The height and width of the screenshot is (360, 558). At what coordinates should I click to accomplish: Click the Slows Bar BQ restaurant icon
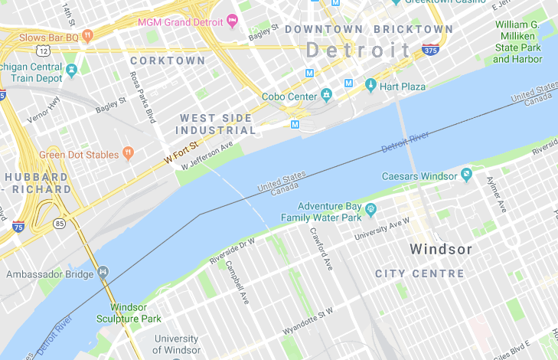[x=88, y=35]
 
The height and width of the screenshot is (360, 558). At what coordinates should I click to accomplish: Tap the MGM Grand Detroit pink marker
[x=233, y=21]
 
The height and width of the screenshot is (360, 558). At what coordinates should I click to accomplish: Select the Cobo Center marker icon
[x=327, y=96]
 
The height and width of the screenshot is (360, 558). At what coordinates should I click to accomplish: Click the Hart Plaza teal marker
[x=370, y=86]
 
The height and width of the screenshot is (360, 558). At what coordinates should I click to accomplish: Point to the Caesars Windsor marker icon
[x=465, y=175]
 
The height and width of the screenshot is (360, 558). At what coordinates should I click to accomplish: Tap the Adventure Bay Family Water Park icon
[x=371, y=208]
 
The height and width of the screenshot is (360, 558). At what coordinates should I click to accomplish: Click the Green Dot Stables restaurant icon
[x=128, y=154]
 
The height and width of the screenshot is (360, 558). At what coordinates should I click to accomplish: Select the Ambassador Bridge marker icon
[x=103, y=272]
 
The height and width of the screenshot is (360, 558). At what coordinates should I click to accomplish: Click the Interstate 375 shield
[x=430, y=51]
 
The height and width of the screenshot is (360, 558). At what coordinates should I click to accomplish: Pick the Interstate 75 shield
[x=18, y=226]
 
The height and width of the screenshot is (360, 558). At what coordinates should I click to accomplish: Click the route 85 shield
[x=60, y=224]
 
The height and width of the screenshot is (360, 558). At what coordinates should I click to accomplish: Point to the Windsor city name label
[x=440, y=249]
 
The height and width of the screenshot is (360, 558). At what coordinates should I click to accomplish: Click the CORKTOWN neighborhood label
[x=168, y=61]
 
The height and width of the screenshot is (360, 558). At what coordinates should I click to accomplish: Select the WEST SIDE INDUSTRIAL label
[x=217, y=124]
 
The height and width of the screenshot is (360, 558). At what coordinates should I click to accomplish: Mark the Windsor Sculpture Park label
[x=129, y=313]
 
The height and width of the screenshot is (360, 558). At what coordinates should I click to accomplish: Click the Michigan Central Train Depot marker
[x=73, y=70]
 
